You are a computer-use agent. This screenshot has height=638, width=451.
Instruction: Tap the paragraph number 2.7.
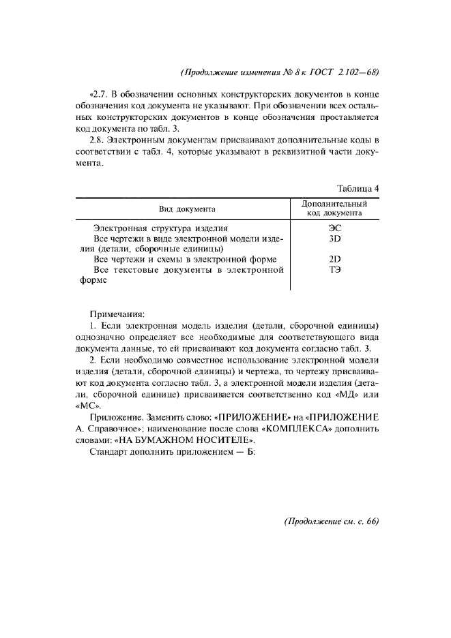(100, 94)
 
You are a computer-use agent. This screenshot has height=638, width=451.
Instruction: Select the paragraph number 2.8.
(100, 140)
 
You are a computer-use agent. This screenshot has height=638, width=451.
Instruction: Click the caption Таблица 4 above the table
(358, 189)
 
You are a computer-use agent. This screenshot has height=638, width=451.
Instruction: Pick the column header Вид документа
(188, 209)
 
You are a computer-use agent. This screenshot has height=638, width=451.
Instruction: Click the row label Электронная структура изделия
(160, 228)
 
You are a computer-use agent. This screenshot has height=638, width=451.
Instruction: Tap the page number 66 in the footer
(371, 522)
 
